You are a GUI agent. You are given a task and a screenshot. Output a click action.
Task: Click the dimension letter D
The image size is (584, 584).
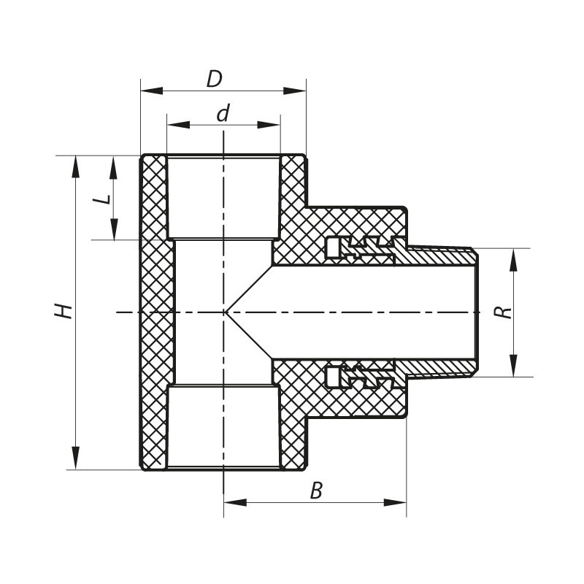click(x=214, y=79)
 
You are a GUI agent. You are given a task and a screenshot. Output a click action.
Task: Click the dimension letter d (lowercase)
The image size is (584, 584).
click(x=223, y=114)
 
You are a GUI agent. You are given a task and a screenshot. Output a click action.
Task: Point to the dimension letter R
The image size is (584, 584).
click(x=503, y=312)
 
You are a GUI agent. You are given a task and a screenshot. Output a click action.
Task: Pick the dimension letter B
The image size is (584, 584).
click(x=316, y=491)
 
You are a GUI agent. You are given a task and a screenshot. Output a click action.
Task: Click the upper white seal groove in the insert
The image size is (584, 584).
click(x=333, y=249)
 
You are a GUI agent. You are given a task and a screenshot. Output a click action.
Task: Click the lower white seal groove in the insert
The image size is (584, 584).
click(x=333, y=377)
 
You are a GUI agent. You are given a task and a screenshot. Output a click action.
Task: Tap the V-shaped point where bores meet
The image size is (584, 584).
click(x=227, y=312)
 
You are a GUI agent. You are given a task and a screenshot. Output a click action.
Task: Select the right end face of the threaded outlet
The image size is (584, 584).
click(x=474, y=312)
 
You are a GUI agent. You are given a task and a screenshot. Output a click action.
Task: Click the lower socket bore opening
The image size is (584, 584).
click(x=223, y=427)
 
